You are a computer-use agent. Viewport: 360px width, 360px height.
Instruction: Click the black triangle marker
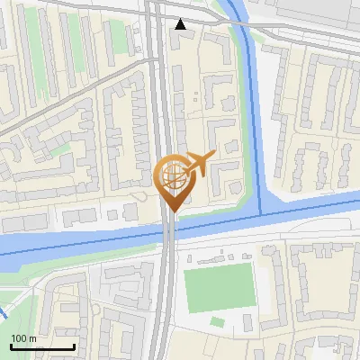[182, 24]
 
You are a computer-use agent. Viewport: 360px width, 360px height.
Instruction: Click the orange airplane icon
[198, 164]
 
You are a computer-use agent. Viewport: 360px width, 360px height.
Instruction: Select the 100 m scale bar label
[23, 338]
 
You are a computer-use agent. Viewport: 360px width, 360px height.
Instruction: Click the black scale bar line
[42, 346]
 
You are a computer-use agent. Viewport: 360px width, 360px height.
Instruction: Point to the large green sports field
[219, 287]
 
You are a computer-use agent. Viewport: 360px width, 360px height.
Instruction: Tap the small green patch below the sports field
[217, 321]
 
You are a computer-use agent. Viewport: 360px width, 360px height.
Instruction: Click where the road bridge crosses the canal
[169, 233]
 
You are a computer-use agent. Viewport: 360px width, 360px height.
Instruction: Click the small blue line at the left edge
[4, 314]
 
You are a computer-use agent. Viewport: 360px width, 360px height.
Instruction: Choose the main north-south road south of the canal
[162, 306]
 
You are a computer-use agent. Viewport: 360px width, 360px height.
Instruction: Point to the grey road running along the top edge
[72, 6]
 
